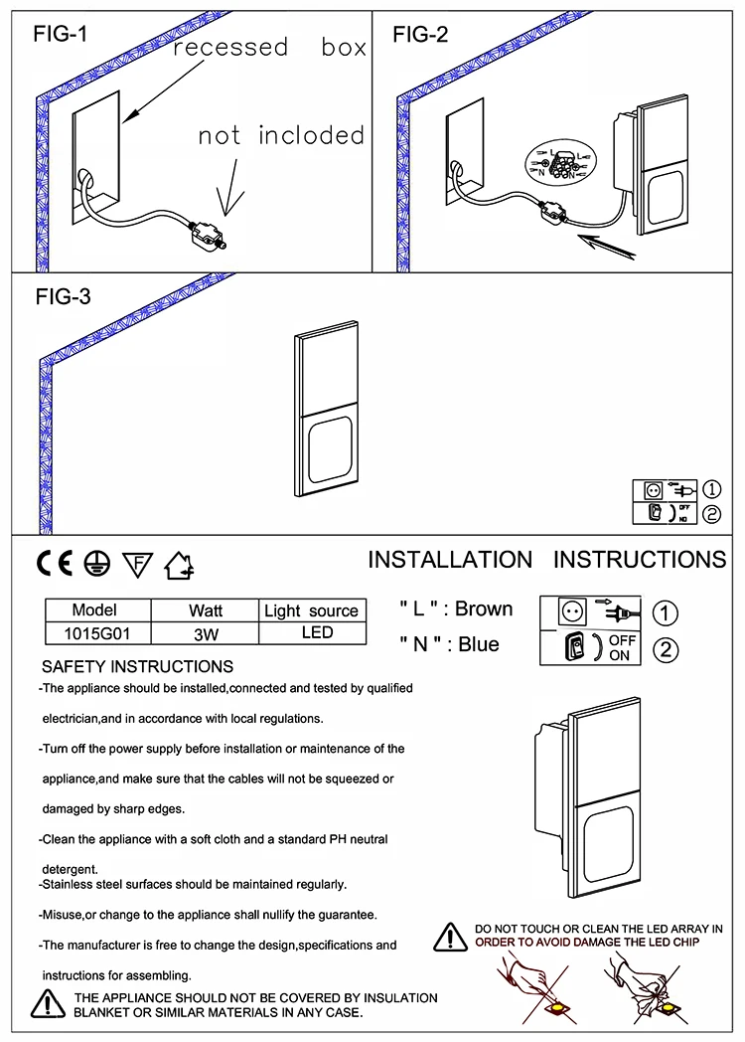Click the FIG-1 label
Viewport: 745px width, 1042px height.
[61, 33]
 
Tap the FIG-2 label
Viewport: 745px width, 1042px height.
[420, 34]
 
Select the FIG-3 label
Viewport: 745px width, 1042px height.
[64, 296]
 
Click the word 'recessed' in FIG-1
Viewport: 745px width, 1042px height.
[230, 47]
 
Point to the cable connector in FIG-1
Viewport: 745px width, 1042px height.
[208, 235]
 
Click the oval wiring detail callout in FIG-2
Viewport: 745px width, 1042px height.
[561, 161]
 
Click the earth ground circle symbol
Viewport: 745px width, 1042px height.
[97, 564]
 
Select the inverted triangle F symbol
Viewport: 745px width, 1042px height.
[137, 565]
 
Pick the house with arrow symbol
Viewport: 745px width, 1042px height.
[179, 566]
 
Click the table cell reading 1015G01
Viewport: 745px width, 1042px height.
[97, 633]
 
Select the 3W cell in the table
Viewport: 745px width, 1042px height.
[206, 633]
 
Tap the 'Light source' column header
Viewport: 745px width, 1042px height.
[312, 610]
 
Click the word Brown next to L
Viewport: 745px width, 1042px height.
[484, 608]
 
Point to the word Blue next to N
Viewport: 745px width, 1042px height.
[478, 644]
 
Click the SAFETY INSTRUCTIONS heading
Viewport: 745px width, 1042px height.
[137, 666]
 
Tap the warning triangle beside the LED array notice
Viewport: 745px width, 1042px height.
[450, 937]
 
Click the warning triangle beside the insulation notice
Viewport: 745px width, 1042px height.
[49, 1004]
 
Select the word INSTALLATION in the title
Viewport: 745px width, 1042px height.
[450, 560]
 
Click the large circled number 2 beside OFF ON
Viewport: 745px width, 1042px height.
[666, 649]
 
